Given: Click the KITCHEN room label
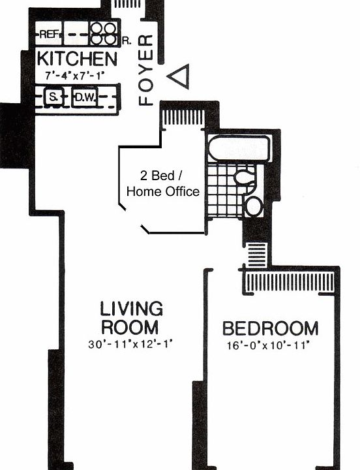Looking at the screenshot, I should [x=77, y=59].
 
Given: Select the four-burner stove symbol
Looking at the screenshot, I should [x=102, y=33].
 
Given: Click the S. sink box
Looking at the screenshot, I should [x=53, y=98].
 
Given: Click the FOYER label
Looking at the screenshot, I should [x=147, y=69].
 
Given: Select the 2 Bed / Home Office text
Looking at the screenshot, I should [x=162, y=183].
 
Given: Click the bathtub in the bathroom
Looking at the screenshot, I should [x=239, y=148].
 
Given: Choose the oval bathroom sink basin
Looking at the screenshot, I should [x=252, y=206].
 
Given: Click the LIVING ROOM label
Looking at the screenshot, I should [x=131, y=317].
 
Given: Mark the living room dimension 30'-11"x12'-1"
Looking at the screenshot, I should [x=131, y=343].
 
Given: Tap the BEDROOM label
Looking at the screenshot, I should [x=270, y=328].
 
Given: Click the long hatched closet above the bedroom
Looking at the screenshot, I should [x=289, y=283].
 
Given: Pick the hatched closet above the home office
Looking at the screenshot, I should [x=183, y=118].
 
